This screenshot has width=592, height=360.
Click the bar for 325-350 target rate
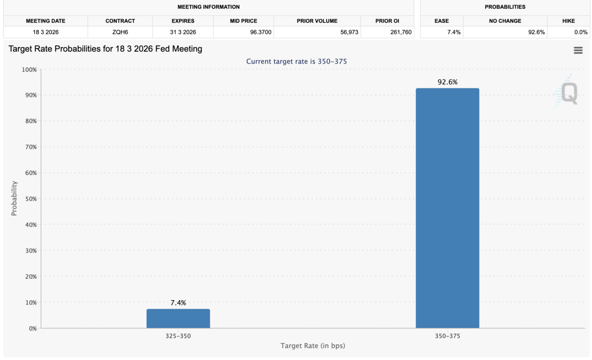[x=178, y=318]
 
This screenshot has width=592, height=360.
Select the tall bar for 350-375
[x=447, y=208]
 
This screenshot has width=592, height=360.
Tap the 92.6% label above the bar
[x=447, y=82]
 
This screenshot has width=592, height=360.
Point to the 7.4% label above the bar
[x=178, y=303]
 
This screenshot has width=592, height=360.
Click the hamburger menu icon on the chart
[x=578, y=50]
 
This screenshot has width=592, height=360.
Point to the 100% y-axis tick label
[x=29, y=70]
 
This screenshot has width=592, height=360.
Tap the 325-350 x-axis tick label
[x=178, y=336]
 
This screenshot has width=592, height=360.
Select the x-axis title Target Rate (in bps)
[x=313, y=346]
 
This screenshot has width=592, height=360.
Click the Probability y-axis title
[x=14, y=198]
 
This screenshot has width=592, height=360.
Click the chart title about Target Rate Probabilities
[x=105, y=49]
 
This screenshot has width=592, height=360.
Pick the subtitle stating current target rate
[x=296, y=62]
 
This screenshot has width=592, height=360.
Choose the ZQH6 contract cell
[x=120, y=32]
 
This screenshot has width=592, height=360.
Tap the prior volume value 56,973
[x=346, y=32]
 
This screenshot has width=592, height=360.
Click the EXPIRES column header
[x=183, y=21]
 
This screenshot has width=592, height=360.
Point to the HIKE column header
[x=568, y=21]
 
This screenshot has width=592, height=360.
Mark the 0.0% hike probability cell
[x=580, y=32]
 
